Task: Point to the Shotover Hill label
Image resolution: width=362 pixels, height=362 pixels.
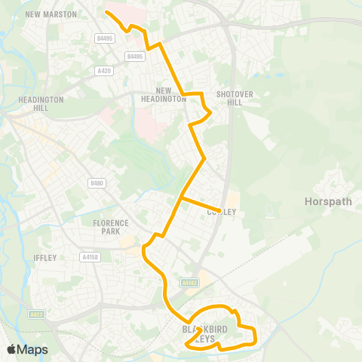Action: [229, 99]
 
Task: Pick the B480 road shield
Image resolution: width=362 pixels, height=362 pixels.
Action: [95, 183]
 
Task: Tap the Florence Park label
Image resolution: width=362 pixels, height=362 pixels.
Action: [112, 227]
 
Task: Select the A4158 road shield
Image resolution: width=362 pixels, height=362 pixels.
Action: [90, 257]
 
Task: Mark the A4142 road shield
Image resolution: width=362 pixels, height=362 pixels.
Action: [189, 283]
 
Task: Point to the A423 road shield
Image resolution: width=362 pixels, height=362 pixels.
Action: [36, 314]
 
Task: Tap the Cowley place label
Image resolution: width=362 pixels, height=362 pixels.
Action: [222, 213]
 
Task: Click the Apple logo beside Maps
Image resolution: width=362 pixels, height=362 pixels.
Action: [11, 349]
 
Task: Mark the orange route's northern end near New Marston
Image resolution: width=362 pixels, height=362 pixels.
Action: [105, 12]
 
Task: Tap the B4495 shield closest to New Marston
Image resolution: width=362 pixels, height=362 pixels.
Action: [104, 38]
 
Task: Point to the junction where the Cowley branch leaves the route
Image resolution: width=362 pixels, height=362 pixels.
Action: [181, 198]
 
